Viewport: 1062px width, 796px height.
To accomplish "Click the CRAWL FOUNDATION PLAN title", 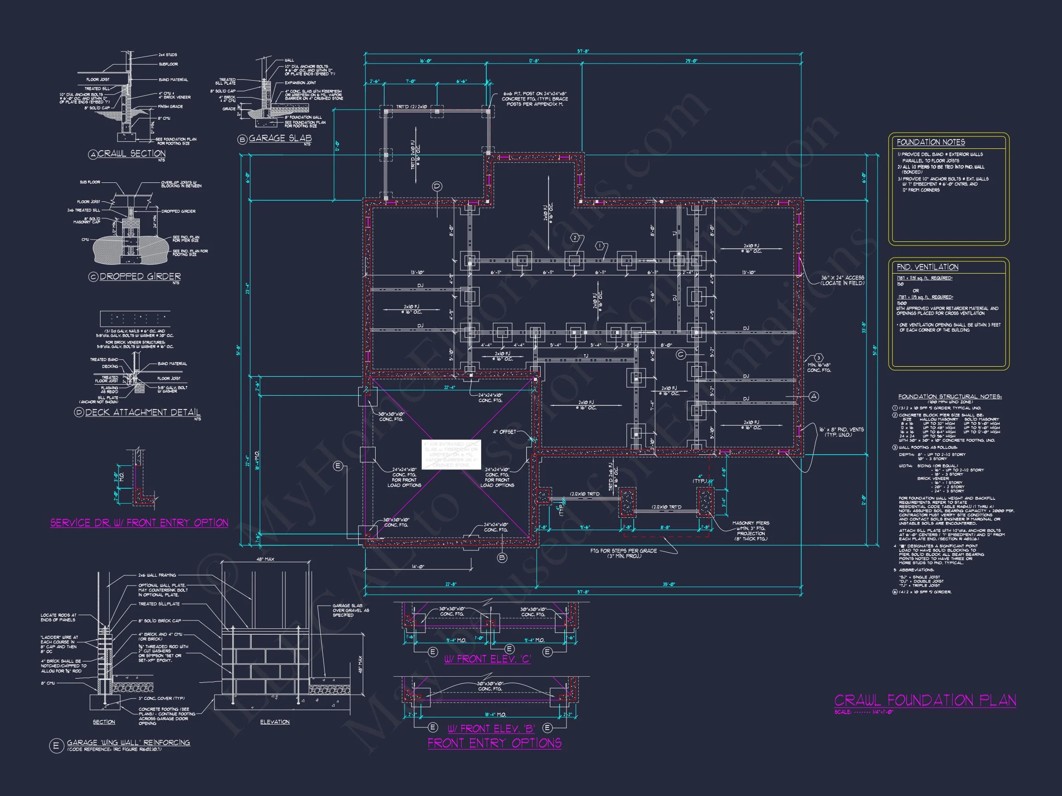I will pyautogui.click(x=925, y=700).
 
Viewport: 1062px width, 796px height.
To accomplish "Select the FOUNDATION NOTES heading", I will pyautogui.click(x=931, y=142).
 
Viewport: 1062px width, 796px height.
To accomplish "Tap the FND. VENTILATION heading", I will pyautogui.click(x=927, y=267).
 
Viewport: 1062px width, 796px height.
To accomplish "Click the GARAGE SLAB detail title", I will pyautogui.click(x=280, y=138).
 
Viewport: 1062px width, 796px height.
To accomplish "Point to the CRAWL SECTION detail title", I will pyautogui.click(x=131, y=153).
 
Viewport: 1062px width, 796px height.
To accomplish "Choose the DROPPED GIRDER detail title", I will pyautogui.click(x=140, y=276).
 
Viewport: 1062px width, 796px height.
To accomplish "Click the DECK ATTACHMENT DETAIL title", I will pyautogui.click(x=142, y=412).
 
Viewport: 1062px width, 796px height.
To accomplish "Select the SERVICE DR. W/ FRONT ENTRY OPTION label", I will pyautogui.click(x=139, y=522).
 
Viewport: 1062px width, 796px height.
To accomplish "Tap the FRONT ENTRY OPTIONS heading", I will pyautogui.click(x=495, y=743).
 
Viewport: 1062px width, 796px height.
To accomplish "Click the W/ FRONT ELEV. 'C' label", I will pyautogui.click(x=487, y=659).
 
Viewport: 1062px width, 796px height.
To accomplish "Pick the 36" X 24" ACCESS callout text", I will pyautogui.click(x=842, y=280).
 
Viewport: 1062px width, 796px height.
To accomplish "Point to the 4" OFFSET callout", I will pyautogui.click(x=504, y=432).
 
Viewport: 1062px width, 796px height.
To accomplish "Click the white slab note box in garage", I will pyautogui.click(x=451, y=454).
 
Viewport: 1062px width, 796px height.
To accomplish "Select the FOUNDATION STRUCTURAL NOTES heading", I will pyautogui.click(x=950, y=396).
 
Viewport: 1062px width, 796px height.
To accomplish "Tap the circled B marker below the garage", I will pyautogui.click(x=502, y=557).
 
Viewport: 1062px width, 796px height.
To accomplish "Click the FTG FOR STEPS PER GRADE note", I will pyautogui.click(x=623, y=553).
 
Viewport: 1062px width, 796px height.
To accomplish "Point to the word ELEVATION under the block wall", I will pyautogui.click(x=275, y=722).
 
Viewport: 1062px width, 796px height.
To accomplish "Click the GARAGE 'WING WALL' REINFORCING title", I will pyautogui.click(x=128, y=742).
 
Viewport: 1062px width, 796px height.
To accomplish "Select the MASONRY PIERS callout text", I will pyautogui.click(x=750, y=531).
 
